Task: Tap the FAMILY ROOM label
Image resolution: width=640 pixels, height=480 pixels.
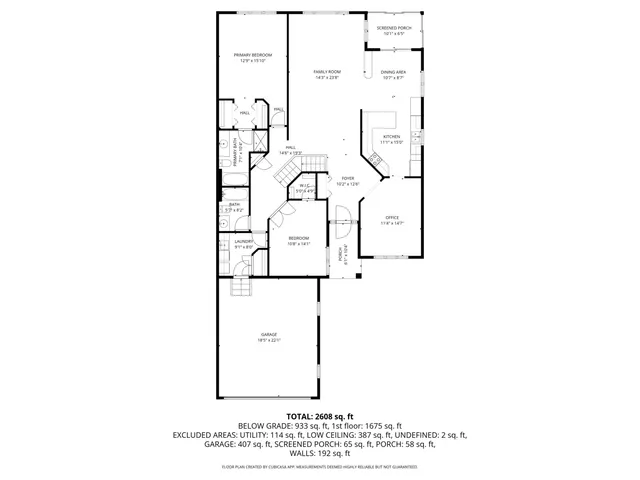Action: click(327, 72)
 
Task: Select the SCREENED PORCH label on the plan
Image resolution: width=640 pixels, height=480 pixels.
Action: click(393, 28)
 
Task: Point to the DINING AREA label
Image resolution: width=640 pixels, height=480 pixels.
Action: click(393, 72)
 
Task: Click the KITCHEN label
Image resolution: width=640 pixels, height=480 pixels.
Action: click(391, 136)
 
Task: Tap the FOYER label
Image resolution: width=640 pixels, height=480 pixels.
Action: click(347, 178)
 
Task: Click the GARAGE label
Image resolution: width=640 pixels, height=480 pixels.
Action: click(269, 334)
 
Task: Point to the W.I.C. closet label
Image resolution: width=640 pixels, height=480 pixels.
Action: click(305, 186)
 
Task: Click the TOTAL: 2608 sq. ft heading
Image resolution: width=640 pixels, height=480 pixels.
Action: click(320, 415)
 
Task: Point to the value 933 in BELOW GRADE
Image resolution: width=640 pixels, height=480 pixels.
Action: click(282, 425)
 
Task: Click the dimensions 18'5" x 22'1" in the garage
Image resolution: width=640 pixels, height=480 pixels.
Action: click(269, 340)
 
